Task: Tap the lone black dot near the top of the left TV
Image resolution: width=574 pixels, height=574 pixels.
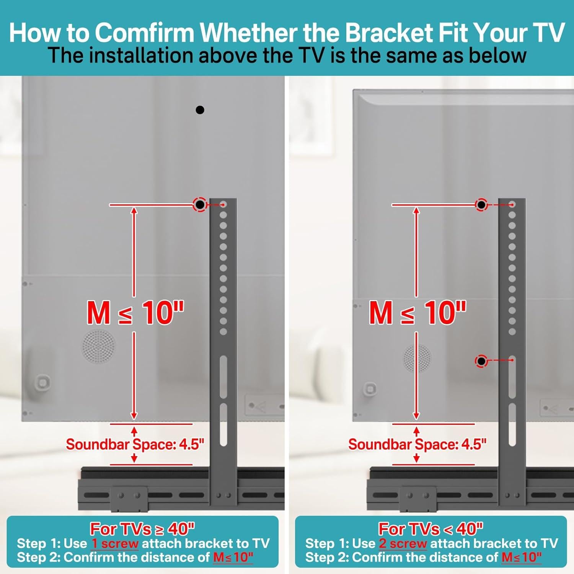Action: coord(200,110)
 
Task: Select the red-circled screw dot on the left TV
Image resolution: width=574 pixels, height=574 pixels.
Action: coord(200,205)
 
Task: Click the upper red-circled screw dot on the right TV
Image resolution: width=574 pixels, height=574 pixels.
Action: coord(481,205)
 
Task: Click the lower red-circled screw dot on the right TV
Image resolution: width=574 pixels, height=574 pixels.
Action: coord(481,361)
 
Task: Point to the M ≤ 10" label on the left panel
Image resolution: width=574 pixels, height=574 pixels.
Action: coord(135,313)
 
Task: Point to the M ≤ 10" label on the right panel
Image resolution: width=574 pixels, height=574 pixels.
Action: coord(417,313)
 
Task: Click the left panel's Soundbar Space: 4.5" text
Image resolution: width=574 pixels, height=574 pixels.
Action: coord(135,444)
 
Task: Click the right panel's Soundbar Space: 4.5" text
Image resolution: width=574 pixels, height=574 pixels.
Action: coord(417,444)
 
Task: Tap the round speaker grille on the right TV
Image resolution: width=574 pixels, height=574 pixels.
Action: coord(417,358)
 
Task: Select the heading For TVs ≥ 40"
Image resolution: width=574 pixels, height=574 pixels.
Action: coord(142,529)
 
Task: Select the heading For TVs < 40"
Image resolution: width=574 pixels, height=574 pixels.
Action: coord(430,529)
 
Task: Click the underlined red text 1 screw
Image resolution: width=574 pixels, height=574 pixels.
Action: coord(115,543)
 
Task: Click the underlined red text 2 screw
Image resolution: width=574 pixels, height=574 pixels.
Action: coord(403,543)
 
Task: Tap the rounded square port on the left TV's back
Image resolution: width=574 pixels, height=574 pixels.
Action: coord(42,382)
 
